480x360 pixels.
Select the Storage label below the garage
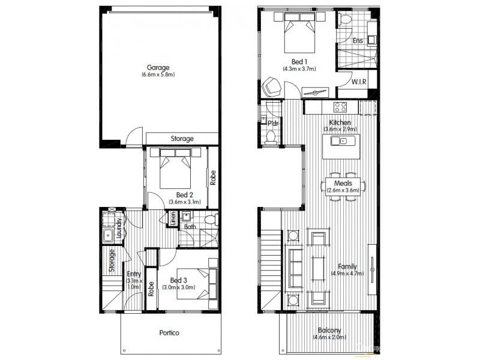click(182, 139)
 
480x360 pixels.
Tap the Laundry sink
click(109, 235)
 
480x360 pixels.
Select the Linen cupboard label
click(174, 219)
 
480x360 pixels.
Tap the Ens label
click(358, 41)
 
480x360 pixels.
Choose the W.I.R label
click(359, 81)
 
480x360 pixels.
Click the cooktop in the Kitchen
click(340, 108)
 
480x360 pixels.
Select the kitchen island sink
click(343, 142)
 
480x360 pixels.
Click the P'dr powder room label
click(273, 124)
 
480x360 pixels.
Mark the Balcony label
click(329, 330)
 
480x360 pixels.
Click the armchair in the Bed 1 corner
click(272, 88)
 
